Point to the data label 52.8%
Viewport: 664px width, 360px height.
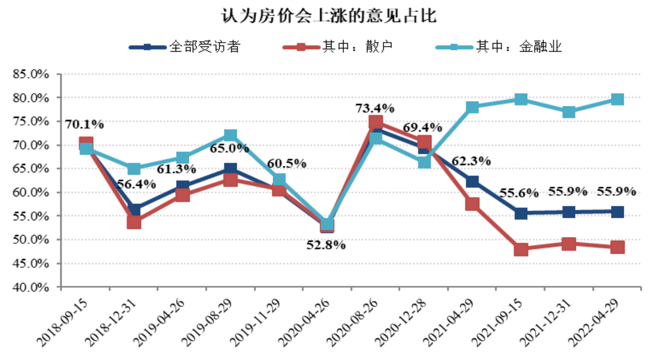click(x=326, y=246)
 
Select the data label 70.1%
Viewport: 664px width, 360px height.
click(x=85, y=125)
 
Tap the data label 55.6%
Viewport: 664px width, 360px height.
click(x=520, y=193)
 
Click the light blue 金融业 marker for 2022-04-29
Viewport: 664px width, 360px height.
click(x=617, y=100)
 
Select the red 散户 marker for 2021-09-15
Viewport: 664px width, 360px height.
click(x=521, y=249)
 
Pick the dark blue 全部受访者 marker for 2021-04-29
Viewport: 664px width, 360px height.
click(x=473, y=181)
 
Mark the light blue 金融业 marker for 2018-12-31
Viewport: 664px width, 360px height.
click(x=134, y=169)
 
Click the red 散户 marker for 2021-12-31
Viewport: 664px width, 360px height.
click(x=569, y=244)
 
